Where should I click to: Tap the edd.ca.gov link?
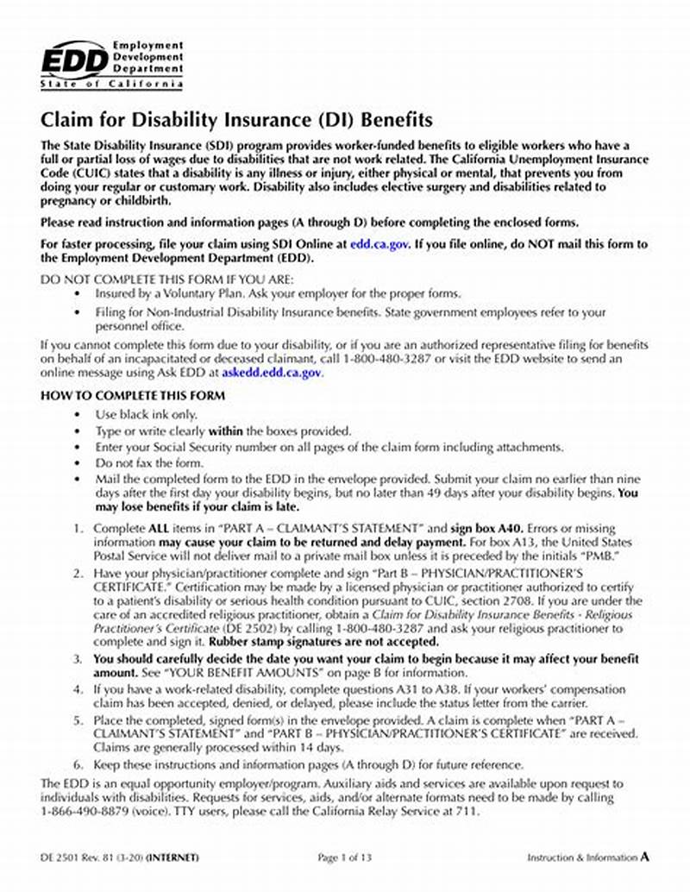click(380, 244)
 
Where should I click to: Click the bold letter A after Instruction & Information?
click(644, 857)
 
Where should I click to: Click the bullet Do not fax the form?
click(137, 462)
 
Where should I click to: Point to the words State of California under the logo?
click(111, 85)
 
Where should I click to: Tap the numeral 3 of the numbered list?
click(77, 658)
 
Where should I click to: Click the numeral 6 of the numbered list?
click(77, 764)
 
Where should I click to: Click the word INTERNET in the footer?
click(172, 857)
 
